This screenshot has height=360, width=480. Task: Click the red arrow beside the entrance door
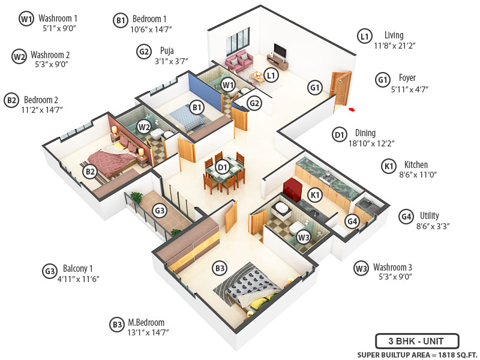(352, 109)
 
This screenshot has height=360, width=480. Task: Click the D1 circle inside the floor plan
(222, 167)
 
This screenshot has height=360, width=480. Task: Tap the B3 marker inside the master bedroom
(220, 268)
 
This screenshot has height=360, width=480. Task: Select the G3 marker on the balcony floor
(160, 211)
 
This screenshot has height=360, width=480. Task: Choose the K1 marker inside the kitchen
(314, 194)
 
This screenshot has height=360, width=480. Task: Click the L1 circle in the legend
(364, 37)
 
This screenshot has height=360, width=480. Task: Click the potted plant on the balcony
(136, 198)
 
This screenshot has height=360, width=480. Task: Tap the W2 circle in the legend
(19, 56)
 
